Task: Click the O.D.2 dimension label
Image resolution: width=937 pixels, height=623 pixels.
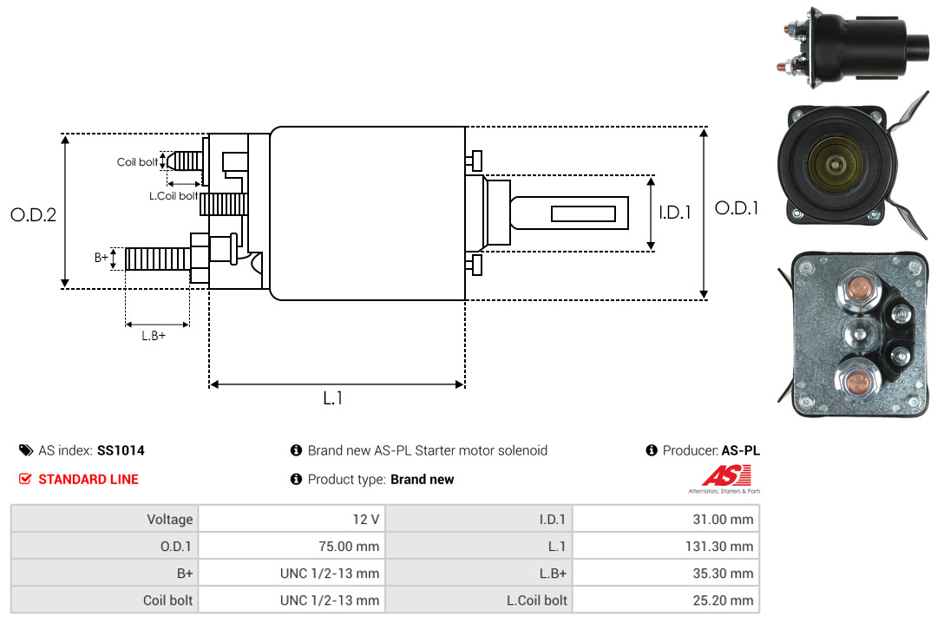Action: pyautogui.click(x=34, y=214)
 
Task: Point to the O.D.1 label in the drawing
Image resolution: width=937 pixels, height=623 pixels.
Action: pyautogui.click(x=737, y=208)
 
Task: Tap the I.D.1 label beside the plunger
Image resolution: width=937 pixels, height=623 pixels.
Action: pyautogui.click(x=675, y=213)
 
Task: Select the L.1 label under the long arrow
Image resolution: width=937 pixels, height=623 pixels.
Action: pyautogui.click(x=333, y=398)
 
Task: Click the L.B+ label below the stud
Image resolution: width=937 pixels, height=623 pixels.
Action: pyautogui.click(x=154, y=336)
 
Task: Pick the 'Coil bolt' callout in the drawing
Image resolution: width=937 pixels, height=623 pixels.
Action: pyautogui.click(x=137, y=162)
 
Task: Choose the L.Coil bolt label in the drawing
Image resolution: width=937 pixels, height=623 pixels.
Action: pyautogui.click(x=174, y=195)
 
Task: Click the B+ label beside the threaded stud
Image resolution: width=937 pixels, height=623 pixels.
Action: pyautogui.click(x=101, y=258)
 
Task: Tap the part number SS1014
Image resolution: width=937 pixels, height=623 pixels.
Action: pyautogui.click(x=121, y=450)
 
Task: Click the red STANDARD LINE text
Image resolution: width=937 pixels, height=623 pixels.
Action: pyautogui.click(x=88, y=480)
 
